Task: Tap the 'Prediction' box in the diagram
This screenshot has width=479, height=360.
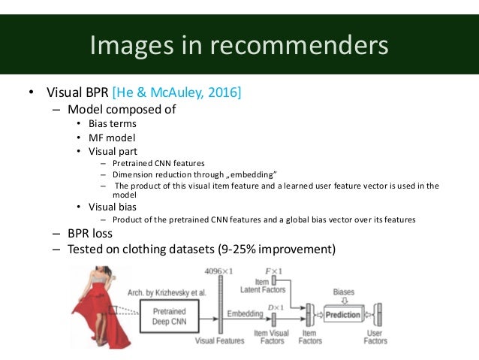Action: pyautogui.click(x=342, y=315)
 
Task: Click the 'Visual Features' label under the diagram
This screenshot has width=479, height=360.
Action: pyautogui.click(x=219, y=340)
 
